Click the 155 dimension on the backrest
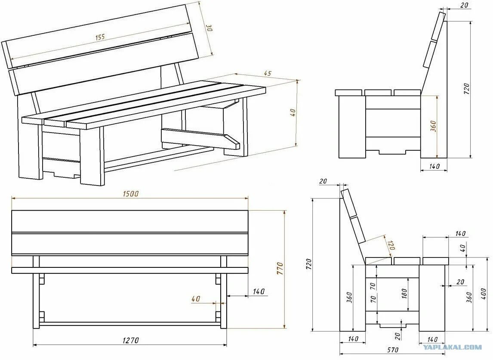[100, 37]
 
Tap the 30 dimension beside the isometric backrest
[209, 28]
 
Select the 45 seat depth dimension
[267, 74]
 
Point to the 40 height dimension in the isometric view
[293, 113]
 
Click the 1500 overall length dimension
[130, 194]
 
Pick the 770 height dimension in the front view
[280, 269]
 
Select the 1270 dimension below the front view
[130, 341]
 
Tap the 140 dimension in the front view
[258, 292]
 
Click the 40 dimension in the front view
[196, 299]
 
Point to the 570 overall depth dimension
[392, 350]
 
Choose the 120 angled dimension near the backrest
[391, 246]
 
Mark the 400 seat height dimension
[484, 295]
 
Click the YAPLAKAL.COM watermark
[452, 347]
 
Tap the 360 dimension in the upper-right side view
[433, 126]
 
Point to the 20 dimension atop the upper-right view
[464, 5]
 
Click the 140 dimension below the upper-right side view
[434, 166]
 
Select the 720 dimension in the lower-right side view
[308, 264]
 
